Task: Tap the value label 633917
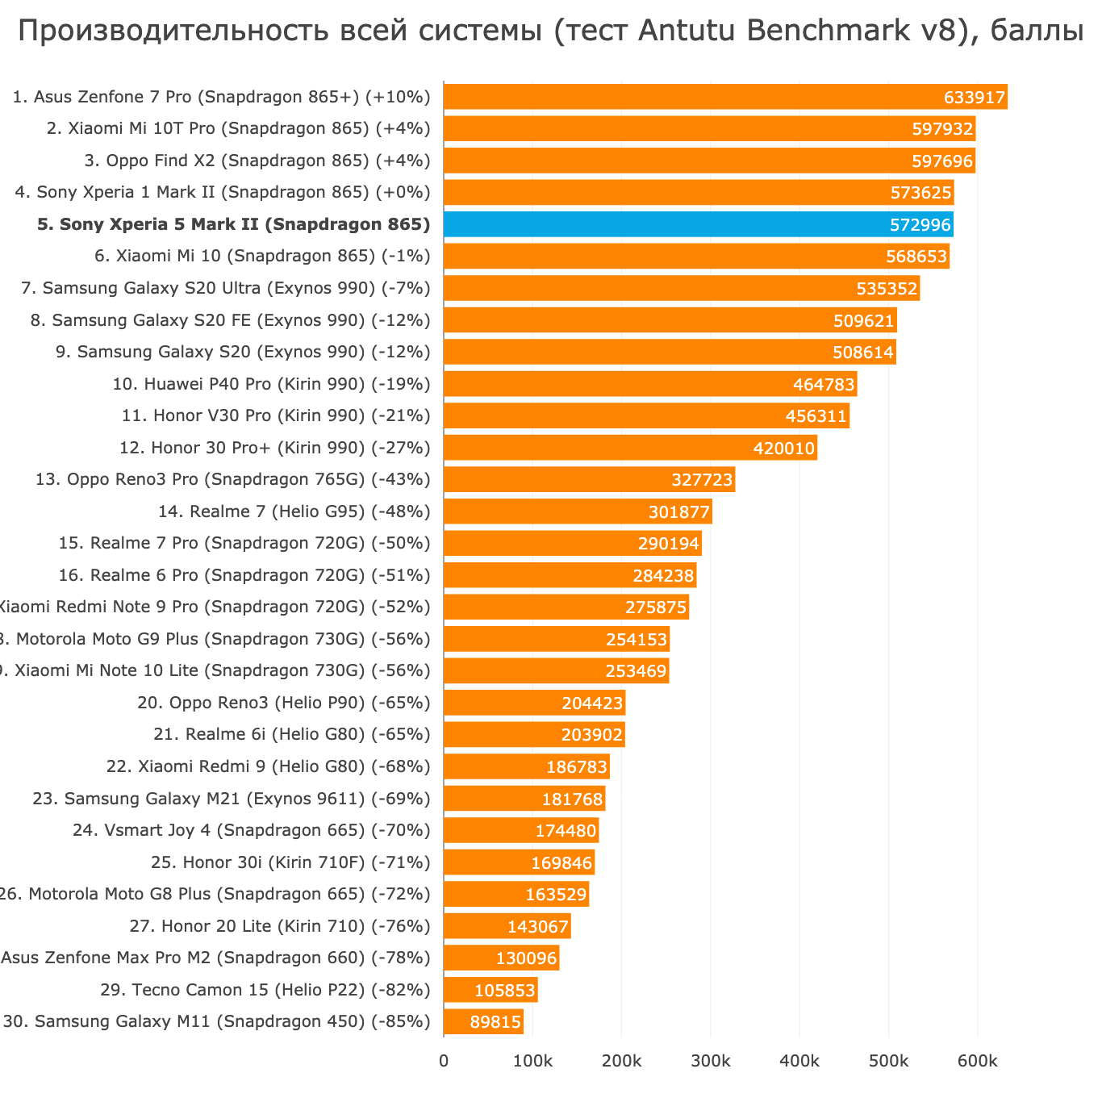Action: tap(975, 98)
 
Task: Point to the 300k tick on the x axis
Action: tap(710, 1061)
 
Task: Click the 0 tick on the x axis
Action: tap(444, 1061)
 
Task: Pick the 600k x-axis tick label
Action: tap(977, 1061)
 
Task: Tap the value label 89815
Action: tap(495, 1022)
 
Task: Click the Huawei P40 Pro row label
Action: tap(271, 384)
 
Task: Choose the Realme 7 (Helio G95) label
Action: tap(294, 511)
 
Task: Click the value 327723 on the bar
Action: tap(702, 480)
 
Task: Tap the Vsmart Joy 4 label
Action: tap(251, 830)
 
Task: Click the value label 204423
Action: tap(592, 703)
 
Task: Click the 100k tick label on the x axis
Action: tap(532, 1061)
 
